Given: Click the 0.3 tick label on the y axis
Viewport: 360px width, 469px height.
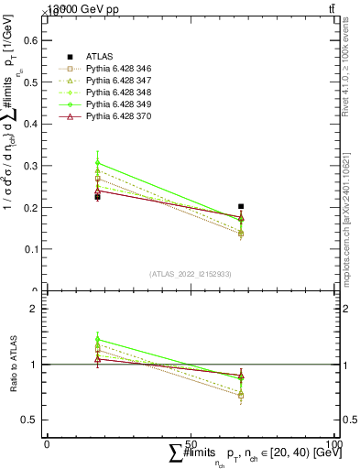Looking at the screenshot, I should [32, 166].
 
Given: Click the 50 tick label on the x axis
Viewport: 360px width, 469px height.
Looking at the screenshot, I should [191, 443].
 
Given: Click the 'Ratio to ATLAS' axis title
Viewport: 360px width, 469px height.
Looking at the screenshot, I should [12, 365].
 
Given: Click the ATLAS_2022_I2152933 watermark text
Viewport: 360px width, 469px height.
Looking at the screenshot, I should [190, 274].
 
